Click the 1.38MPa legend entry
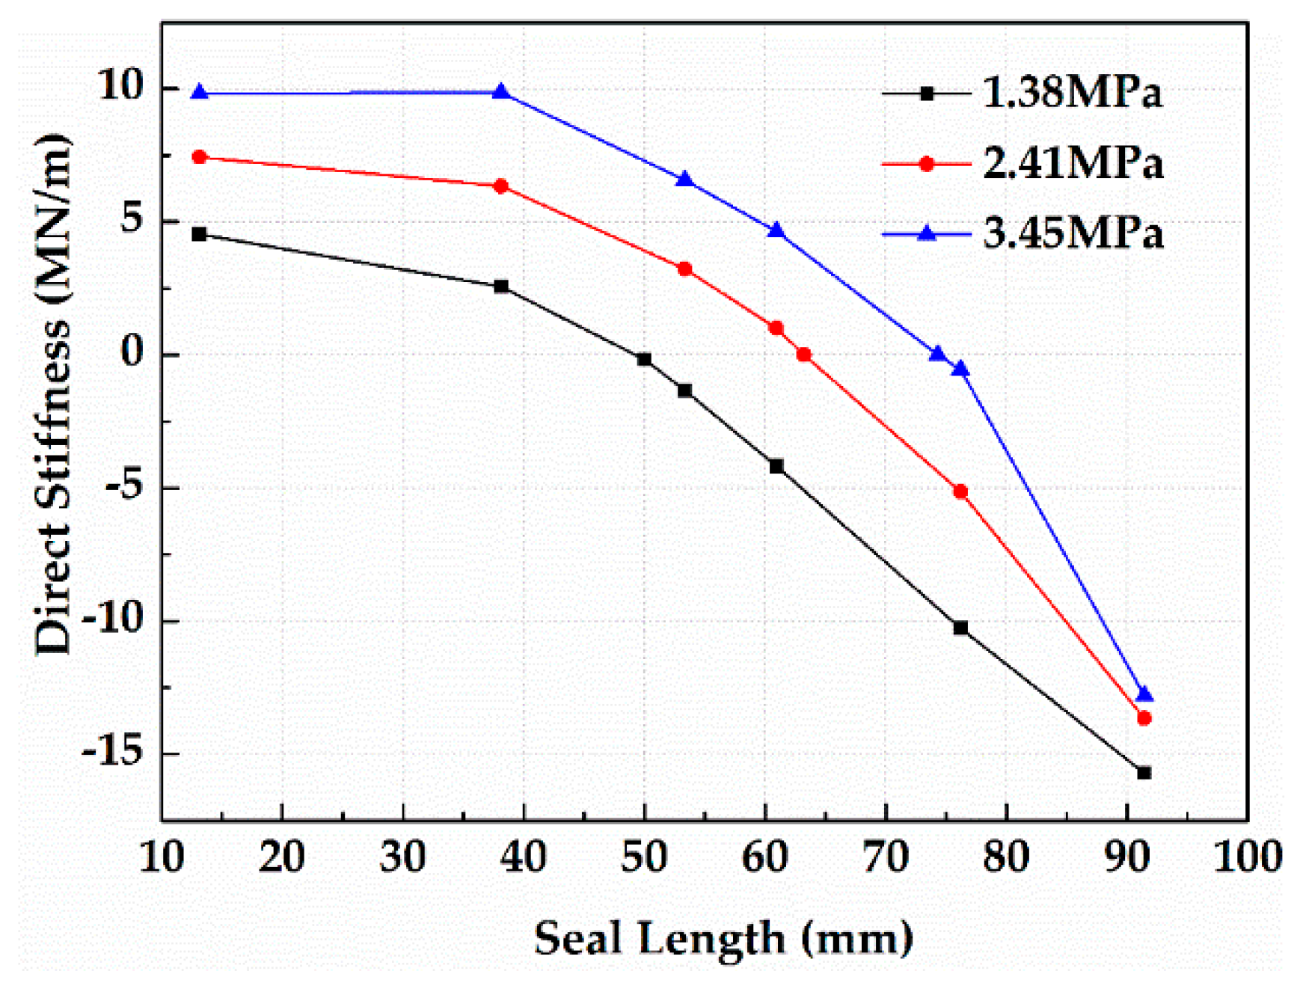tap(1071, 93)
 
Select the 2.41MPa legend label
tap(1073, 163)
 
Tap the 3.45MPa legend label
tap(1073, 233)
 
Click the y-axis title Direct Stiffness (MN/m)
tap(54, 395)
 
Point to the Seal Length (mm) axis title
tap(723, 938)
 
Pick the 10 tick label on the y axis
tap(120, 88)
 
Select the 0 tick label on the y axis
tap(132, 354)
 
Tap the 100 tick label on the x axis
tap(1247, 857)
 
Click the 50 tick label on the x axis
tap(644, 857)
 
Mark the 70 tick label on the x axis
tap(886, 857)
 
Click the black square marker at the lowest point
tap(1144, 773)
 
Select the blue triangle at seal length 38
tap(501, 92)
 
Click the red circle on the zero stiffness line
tap(804, 355)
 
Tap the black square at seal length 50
tap(644, 359)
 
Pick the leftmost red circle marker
tap(199, 157)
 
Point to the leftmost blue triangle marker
tap(199, 93)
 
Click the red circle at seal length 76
tap(960, 491)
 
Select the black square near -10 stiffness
tap(960, 628)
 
